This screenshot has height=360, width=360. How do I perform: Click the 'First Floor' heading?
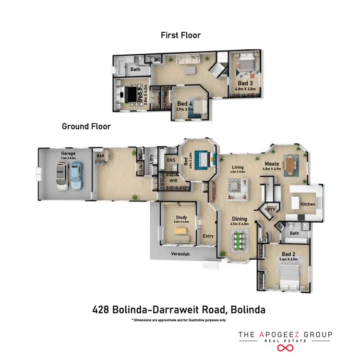(x=180, y=35)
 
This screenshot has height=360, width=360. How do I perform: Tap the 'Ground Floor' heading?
(x=86, y=127)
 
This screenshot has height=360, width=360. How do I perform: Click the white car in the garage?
(x=62, y=176)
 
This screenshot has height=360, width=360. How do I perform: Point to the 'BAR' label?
(x=101, y=156)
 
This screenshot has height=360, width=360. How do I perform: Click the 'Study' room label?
(x=181, y=217)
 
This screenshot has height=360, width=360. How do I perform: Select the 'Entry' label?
(x=208, y=236)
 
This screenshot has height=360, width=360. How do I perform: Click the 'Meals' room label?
(x=272, y=164)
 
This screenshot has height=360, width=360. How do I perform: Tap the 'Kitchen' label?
(x=308, y=204)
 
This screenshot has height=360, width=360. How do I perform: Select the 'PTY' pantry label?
(x=271, y=209)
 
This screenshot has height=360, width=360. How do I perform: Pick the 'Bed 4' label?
(x=185, y=103)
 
